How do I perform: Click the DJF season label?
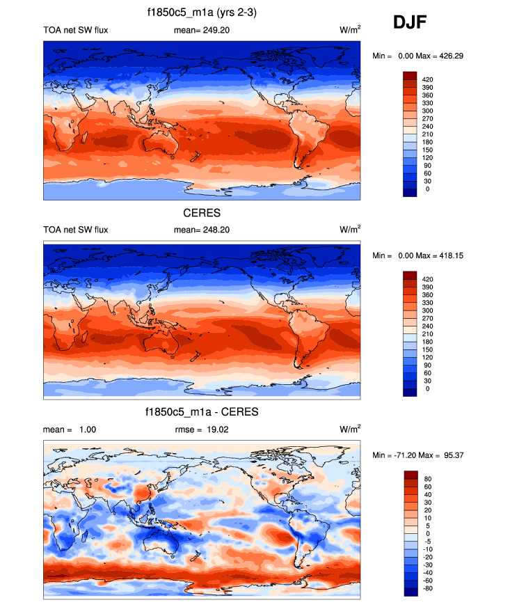click(x=409, y=24)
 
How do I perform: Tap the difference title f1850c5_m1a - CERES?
click(x=202, y=411)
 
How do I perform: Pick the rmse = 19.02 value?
click(x=201, y=429)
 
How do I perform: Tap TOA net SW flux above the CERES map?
click(x=76, y=230)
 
